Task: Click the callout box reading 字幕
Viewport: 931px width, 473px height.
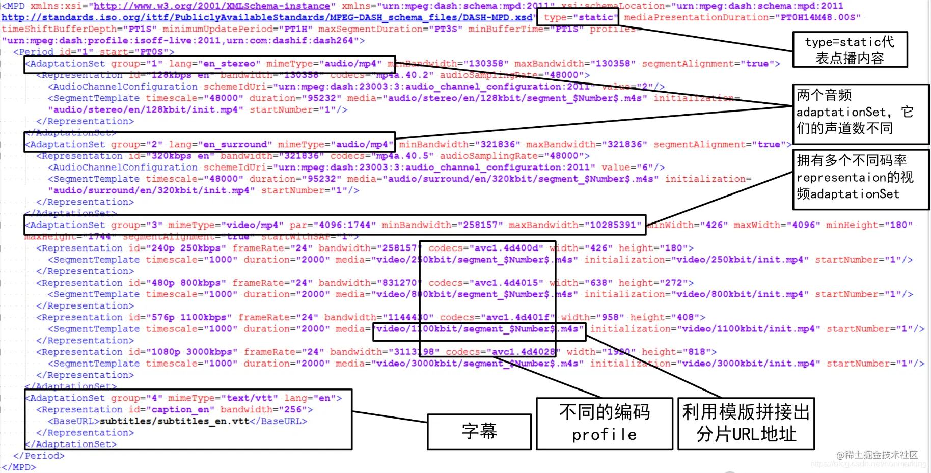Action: [x=479, y=431]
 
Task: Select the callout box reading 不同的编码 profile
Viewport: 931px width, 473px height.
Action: [x=604, y=423]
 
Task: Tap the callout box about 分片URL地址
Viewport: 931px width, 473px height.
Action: [x=746, y=423]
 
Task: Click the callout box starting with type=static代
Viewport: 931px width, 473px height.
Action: [x=850, y=49]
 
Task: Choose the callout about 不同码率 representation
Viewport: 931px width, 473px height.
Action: [x=860, y=179]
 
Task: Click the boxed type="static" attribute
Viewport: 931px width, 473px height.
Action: [x=578, y=17]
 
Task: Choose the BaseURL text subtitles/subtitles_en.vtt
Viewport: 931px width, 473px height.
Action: [x=174, y=421]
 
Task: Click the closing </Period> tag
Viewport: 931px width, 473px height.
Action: [x=39, y=456]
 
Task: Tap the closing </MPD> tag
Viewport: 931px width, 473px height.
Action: [x=19, y=467]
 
